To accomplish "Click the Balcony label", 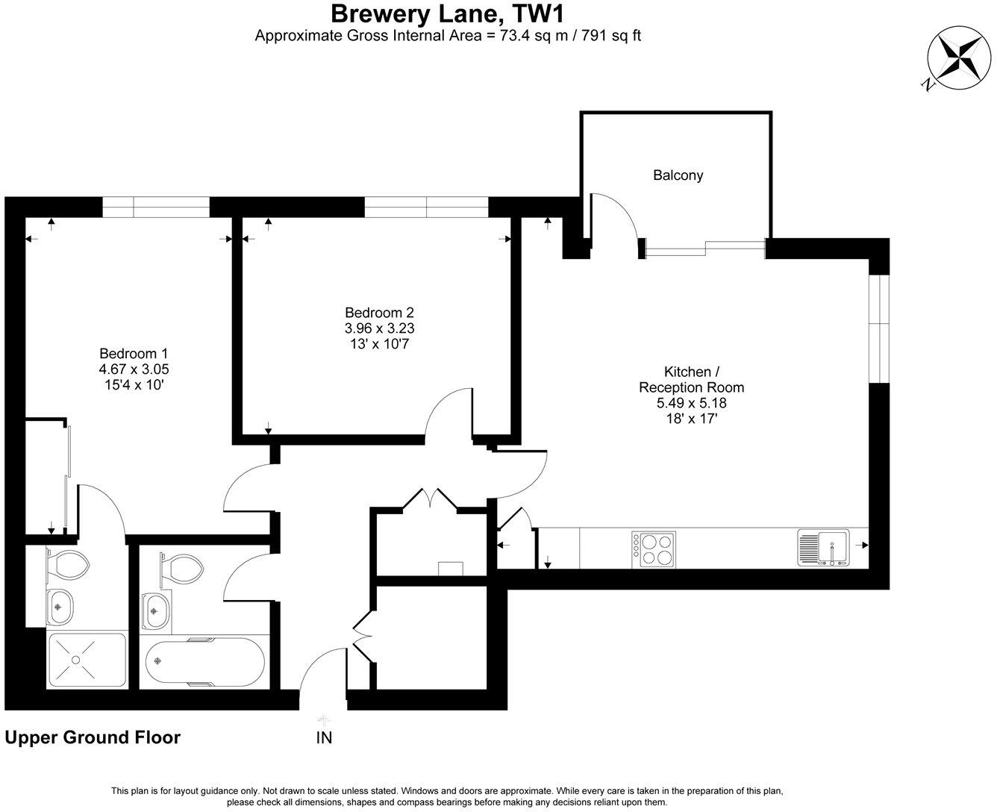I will pyautogui.click(x=678, y=175).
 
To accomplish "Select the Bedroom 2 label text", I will pyautogui.click(x=378, y=313).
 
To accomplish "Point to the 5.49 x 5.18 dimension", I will pyautogui.click(x=691, y=403).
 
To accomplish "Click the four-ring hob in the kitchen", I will pyautogui.click(x=654, y=549).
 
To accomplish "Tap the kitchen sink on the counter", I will pyautogui.click(x=823, y=549).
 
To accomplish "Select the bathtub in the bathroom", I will pyautogui.click(x=204, y=662).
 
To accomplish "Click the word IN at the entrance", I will pyautogui.click(x=324, y=738).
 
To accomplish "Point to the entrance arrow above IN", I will pyautogui.click(x=324, y=719).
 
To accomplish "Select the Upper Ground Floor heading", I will pyautogui.click(x=93, y=737).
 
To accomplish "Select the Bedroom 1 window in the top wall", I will pyautogui.click(x=155, y=207).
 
